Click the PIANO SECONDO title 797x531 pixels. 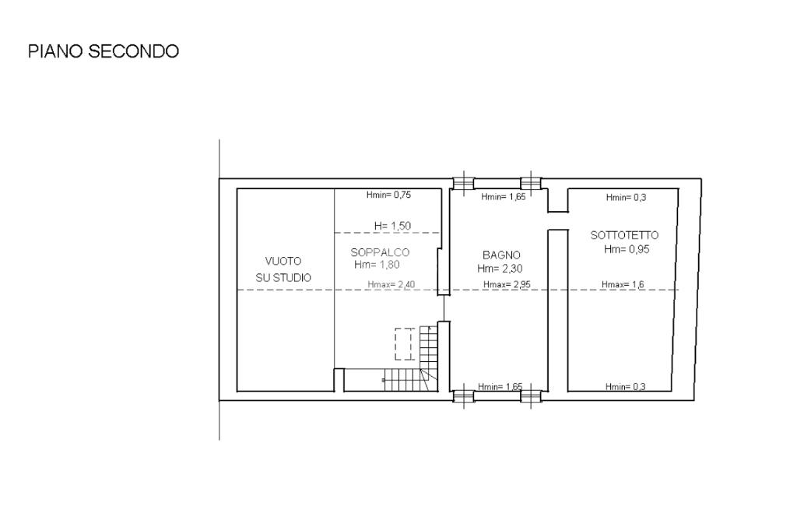(x=104, y=51)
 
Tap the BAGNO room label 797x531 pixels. (x=501, y=255)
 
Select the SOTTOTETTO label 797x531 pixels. (x=624, y=235)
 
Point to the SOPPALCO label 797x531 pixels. (x=380, y=252)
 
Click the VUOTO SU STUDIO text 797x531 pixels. (x=283, y=269)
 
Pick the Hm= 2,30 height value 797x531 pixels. (x=500, y=269)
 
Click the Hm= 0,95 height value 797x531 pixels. (x=627, y=249)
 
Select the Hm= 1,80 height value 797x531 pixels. (x=377, y=265)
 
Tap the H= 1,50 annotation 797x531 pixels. (x=392, y=226)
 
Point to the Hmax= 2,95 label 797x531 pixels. (x=507, y=285)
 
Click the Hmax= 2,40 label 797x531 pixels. (x=391, y=285)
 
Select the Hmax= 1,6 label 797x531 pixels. (x=623, y=285)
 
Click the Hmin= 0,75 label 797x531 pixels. (x=388, y=195)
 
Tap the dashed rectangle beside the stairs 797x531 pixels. (x=404, y=344)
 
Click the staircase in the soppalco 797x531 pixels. (x=411, y=359)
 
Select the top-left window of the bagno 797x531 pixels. (x=463, y=184)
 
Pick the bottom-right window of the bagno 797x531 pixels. (x=531, y=396)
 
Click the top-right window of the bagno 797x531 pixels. (x=531, y=184)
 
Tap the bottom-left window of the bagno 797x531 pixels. (x=463, y=396)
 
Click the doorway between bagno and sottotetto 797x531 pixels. (x=557, y=221)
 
